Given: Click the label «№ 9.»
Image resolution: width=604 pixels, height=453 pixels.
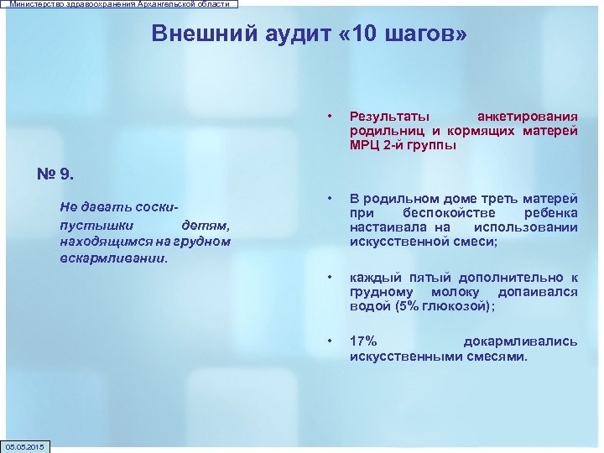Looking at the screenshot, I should pyautogui.click(x=57, y=174).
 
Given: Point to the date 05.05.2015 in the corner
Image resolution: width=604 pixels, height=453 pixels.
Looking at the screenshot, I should pyautogui.click(x=26, y=445).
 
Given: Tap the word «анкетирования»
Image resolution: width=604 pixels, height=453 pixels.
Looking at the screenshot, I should pyautogui.click(x=527, y=116).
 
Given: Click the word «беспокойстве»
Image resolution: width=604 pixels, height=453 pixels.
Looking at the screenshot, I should pyautogui.click(x=441, y=213).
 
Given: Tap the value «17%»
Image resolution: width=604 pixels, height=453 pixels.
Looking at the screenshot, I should pyautogui.click(x=363, y=341).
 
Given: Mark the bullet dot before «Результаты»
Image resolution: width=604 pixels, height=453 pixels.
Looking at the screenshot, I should pyautogui.click(x=331, y=116).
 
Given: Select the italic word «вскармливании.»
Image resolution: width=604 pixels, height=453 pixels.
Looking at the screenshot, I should pyautogui.click(x=114, y=258).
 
